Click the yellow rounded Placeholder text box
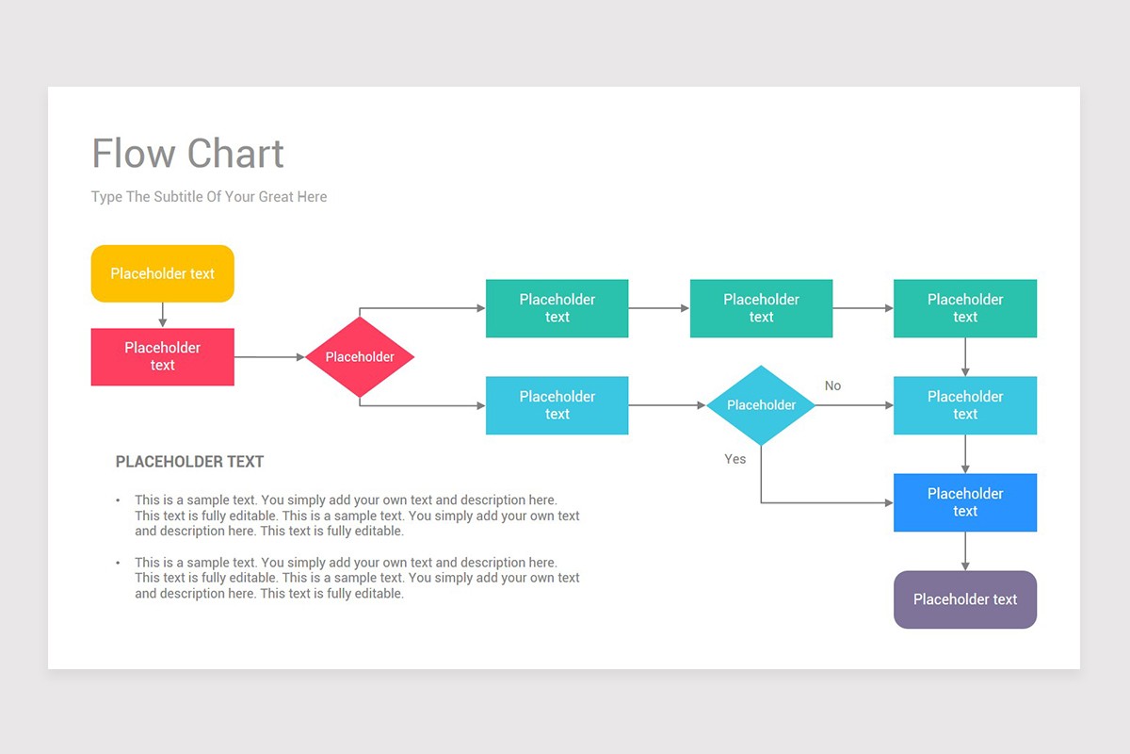coord(162,273)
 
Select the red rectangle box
coord(162,356)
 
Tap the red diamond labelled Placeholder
coord(359,357)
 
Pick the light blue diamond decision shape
coord(761,405)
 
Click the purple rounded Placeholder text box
coord(964,599)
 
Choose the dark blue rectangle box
coord(964,502)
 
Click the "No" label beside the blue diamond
coord(832,385)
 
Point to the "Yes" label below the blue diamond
coord(734,459)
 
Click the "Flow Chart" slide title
coord(187,154)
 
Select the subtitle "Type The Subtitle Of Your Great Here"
coord(209,197)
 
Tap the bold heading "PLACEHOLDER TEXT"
coord(189,462)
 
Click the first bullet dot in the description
coord(119,500)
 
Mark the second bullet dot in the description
coord(119,563)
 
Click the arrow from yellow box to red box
coord(162,315)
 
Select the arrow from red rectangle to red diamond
coord(269,357)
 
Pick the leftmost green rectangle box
coord(557,308)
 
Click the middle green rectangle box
coord(761,308)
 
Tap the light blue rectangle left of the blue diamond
coord(557,405)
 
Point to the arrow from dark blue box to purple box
coord(964,551)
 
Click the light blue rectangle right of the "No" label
coord(964,405)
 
